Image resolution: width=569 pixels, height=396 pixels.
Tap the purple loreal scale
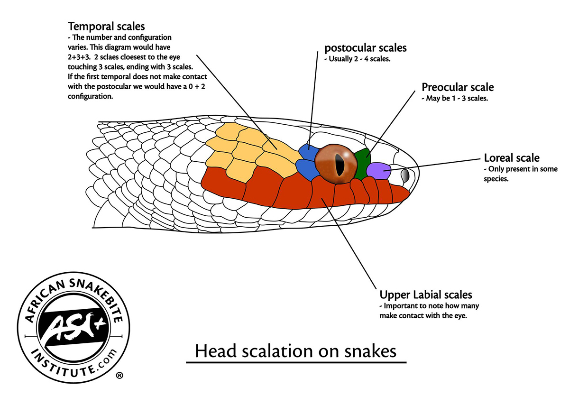tap(378, 171)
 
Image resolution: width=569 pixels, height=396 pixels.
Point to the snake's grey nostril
tap(405, 175)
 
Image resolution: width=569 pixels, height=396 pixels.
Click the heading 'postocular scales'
tap(365, 48)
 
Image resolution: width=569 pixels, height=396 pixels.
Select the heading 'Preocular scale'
tap(458, 87)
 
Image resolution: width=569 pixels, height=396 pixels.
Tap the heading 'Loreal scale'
tap(512, 158)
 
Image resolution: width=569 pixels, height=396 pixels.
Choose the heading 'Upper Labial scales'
tap(425, 295)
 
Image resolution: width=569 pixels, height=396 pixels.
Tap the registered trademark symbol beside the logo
tap(119, 375)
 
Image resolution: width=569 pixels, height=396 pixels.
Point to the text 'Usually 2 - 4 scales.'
tap(357, 59)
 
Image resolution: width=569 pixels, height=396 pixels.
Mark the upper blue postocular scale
tap(308, 153)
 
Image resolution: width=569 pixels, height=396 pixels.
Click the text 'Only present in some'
tap(520, 169)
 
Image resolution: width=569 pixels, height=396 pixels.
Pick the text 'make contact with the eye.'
tap(423, 316)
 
